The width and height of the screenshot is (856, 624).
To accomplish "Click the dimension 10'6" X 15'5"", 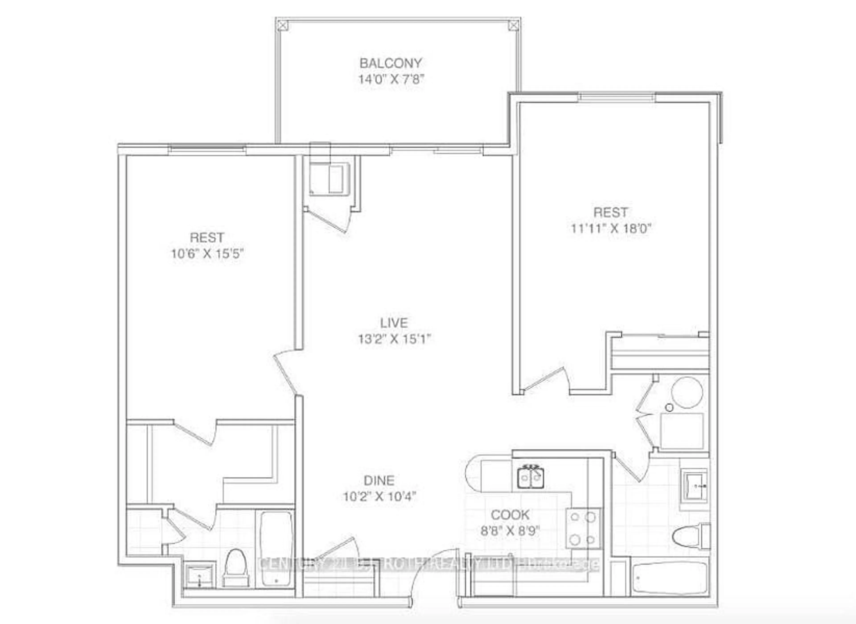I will [207, 253].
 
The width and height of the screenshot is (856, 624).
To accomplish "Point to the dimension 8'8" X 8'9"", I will [510, 531].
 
